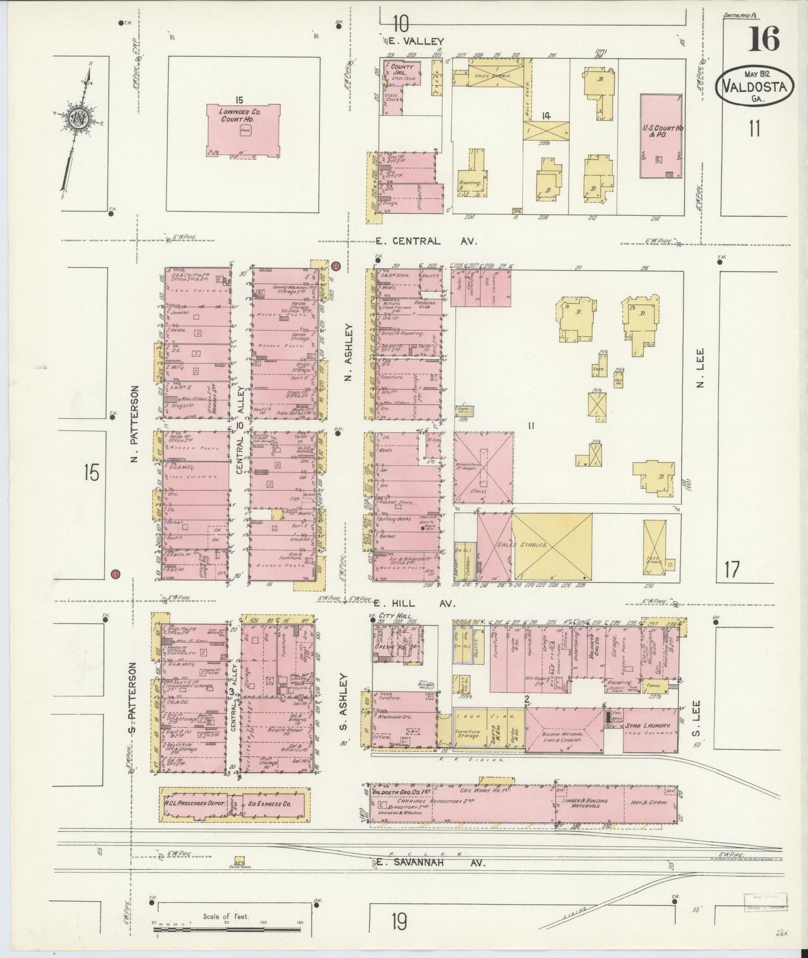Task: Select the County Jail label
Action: [402, 70]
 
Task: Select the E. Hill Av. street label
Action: [415, 604]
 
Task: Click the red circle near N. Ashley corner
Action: [336, 267]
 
